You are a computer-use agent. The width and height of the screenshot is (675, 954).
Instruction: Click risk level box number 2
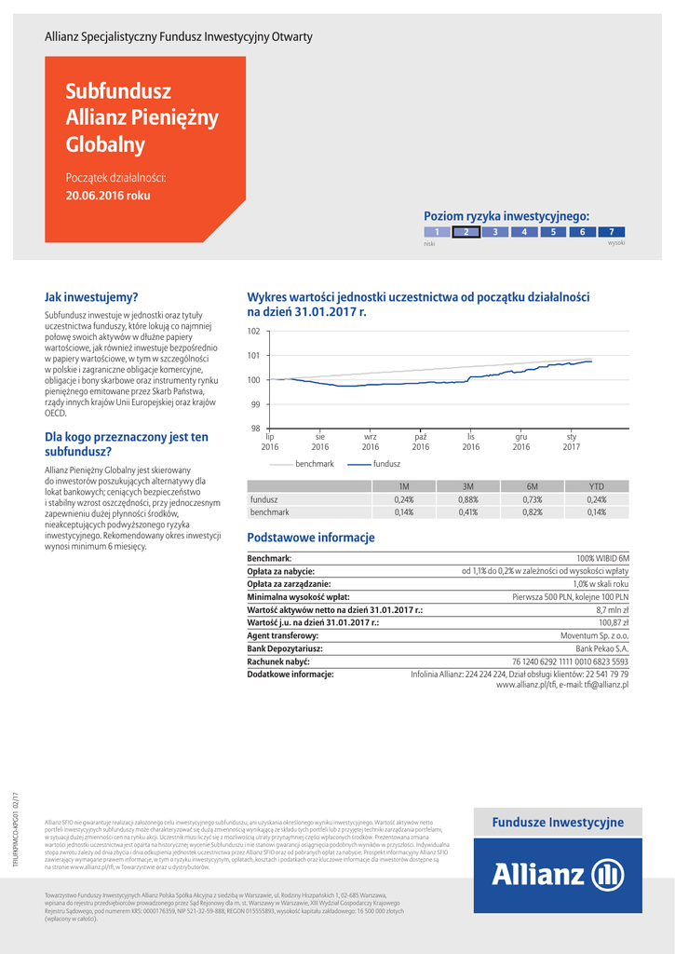click(x=466, y=232)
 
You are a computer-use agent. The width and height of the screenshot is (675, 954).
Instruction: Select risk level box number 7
click(x=611, y=232)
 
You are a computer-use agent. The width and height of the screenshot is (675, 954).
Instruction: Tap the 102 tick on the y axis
click(x=254, y=332)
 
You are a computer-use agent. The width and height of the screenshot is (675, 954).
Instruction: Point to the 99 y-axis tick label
click(x=254, y=404)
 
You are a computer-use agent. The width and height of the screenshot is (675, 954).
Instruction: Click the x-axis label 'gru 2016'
click(x=521, y=442)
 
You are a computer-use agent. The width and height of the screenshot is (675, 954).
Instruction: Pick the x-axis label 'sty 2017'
click(x=572, y=442)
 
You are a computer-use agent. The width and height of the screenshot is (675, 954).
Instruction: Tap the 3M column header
click(x=468, y=486)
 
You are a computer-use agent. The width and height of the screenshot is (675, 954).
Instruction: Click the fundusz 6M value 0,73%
click(x=533, y=499)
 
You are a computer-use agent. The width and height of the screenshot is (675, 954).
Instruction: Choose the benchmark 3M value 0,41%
click(x=468, y=512)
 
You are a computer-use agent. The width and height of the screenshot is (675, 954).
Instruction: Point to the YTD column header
click(x=597, y=486)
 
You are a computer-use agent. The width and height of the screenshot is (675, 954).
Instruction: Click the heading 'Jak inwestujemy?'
click(x=91, y=297)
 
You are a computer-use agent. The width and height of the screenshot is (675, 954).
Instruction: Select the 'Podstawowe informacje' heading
click(x=310, y=538)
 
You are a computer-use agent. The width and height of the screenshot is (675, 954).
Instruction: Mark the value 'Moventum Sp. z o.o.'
click(x=594, y=634)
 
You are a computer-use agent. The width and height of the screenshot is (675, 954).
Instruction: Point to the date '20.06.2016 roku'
click(x=108, y=197)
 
